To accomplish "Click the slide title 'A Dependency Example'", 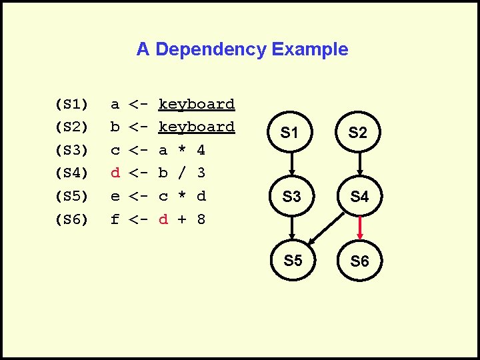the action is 242,49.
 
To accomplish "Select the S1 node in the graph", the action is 289,133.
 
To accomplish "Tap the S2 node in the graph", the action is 358,133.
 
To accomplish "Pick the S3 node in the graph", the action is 291,197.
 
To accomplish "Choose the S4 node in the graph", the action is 359,197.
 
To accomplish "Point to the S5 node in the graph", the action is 293,261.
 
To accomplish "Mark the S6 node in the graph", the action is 359,261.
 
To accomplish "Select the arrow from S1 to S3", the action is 291,165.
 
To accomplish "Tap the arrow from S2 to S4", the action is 359,165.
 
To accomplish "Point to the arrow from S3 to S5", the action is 292,229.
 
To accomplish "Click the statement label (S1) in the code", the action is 71,104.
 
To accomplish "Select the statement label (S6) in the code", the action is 71,219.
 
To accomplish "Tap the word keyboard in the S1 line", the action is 197,104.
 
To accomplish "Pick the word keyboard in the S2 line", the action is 197,127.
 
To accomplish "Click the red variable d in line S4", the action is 115,173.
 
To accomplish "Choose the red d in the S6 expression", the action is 163,219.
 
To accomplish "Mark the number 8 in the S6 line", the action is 201,219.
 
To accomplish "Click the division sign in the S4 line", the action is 182,173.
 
